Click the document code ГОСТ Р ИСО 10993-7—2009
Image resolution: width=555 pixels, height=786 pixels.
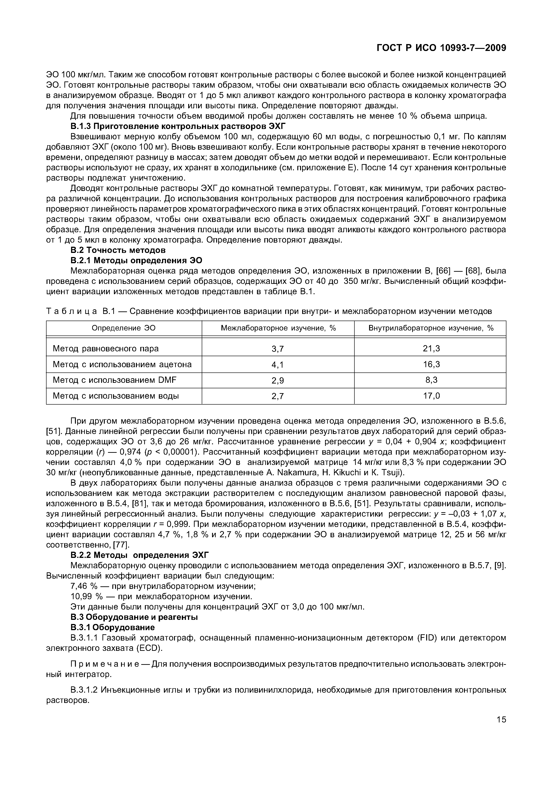tap(441, 48)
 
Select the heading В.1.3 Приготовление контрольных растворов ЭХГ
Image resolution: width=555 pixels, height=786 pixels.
tap(177, 126)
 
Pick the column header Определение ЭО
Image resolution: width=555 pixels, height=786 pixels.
tap(124, 328)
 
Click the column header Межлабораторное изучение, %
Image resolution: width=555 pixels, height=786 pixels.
tap(278, 328)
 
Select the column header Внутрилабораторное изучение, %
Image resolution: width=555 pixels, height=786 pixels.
tap(431, 328)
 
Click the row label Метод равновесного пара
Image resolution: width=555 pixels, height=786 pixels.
tap(106, 349)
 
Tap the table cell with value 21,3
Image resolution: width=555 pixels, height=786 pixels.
tap(431, 349)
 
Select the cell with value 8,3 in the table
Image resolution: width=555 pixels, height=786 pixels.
tap(431, 380)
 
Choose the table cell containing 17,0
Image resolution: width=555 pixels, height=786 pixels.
tap(431, 396)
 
